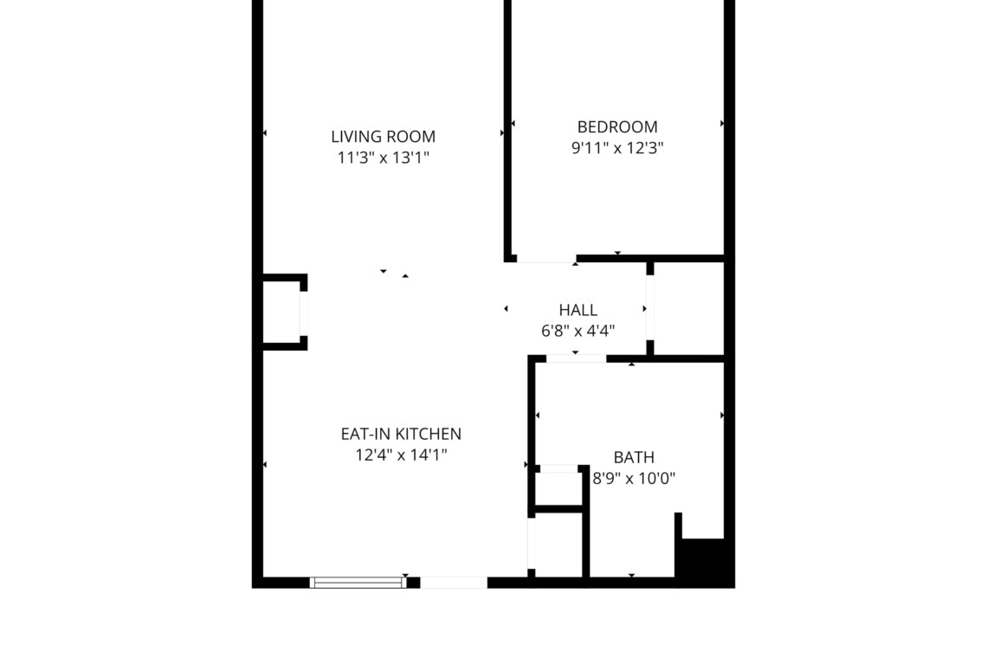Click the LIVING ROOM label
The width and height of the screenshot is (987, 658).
coord(383,137)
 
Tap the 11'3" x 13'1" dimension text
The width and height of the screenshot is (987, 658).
coord(383,158)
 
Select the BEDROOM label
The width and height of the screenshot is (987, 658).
coord(616,127)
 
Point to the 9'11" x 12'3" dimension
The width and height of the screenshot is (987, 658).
coord(616,148)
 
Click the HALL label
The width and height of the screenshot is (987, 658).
coord(577,310)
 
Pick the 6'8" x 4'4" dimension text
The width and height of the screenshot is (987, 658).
coord(577,331)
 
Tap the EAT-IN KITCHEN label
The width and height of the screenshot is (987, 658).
coord(401,434)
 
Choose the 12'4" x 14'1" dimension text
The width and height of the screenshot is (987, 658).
coord(401,455)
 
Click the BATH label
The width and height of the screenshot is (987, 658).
coord(634,457)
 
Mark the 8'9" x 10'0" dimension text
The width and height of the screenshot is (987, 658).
coord(634,478)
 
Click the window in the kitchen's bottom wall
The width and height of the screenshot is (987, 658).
coord(358,583)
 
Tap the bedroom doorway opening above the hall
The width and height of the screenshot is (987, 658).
coord(546,259)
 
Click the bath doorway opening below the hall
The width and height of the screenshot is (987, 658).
coord(576,359)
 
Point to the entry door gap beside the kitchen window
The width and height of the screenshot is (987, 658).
coord(454,583)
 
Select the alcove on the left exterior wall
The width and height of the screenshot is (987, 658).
coord(281,313)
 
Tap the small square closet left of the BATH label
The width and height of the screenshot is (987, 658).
coord(557,488)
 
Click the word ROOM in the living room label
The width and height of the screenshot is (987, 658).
coord(411,137)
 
